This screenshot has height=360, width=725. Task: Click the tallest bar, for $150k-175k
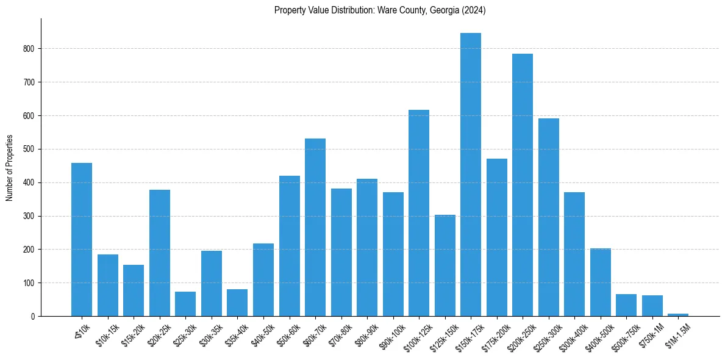point(470,175)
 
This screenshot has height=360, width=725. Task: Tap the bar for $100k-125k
point(418,213)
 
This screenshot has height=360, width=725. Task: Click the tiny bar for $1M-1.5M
point(677,315)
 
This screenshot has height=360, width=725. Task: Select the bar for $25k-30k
point(185,304)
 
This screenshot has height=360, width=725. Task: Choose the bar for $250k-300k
point(548,217)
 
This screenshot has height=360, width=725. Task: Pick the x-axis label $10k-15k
point(105,333)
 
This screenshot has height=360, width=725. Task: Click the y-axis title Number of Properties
point(9,168)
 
